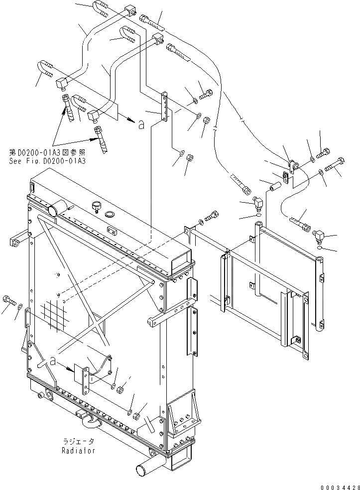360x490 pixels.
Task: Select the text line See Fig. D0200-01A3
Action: [47, 161]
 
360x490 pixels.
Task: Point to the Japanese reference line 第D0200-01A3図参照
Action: [47, 153]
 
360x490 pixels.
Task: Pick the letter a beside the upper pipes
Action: [141, 126]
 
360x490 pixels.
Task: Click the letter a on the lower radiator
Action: [52, 363]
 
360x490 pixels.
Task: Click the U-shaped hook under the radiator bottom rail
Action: [93, 422]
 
